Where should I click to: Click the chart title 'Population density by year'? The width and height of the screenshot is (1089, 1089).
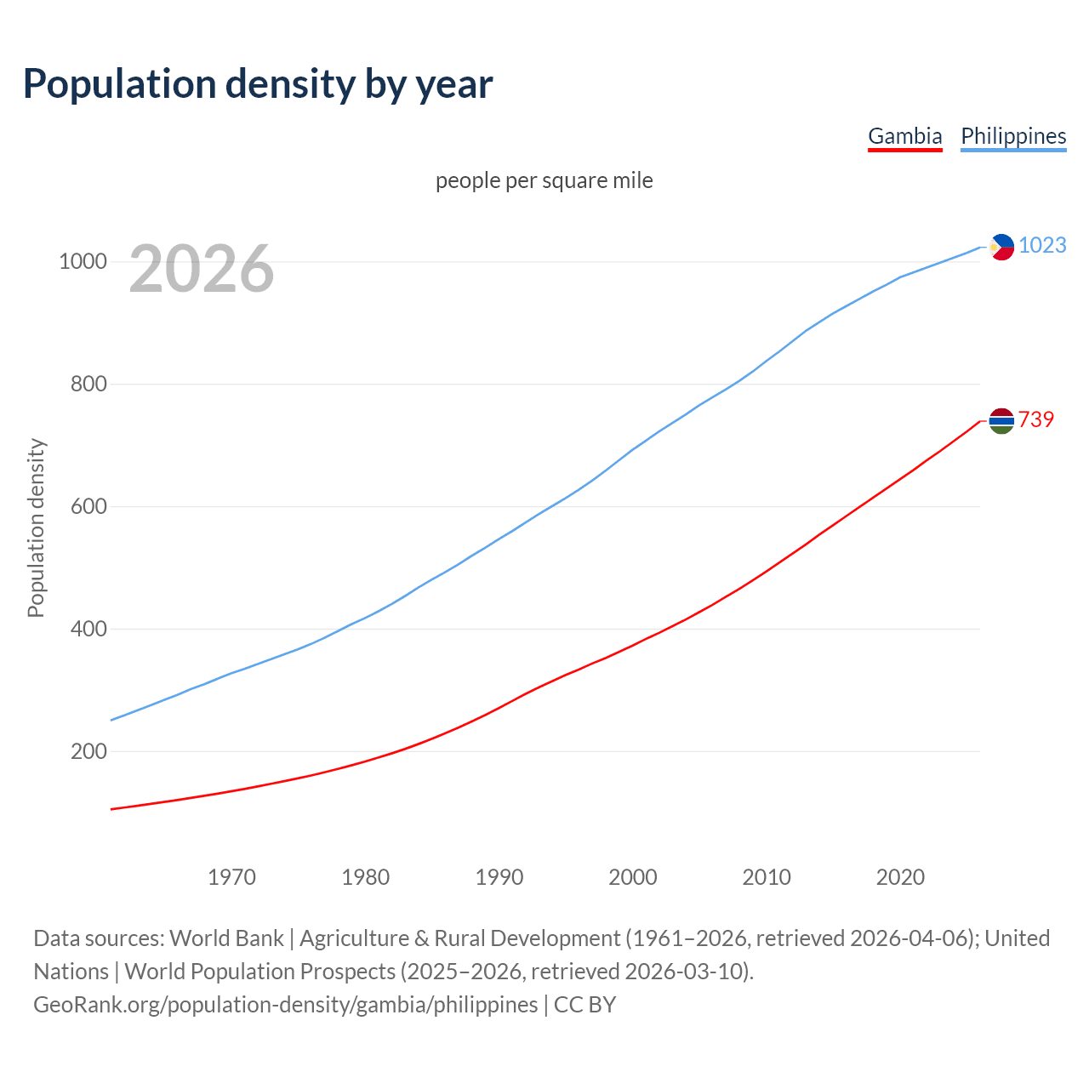coord(258,83)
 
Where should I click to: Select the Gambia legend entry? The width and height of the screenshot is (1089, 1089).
coord(904,136)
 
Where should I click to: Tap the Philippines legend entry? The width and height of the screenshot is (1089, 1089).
coord(1013,136)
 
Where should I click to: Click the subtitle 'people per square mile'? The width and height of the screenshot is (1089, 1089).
coord(544,180)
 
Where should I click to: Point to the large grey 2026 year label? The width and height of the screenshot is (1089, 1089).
coord(202,269)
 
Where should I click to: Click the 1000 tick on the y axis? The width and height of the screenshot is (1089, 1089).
coord(83,261)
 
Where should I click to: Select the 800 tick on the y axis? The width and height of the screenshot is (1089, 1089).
coord(88,384)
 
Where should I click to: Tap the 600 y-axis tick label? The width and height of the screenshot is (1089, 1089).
coord(88,506)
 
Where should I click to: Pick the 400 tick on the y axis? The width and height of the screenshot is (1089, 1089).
coord(88,629)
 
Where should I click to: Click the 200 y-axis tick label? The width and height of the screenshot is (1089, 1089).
coord(88,751)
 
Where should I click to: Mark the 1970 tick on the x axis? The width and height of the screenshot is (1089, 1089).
coord(231,877)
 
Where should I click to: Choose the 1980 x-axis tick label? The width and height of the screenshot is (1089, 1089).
coord(366,877)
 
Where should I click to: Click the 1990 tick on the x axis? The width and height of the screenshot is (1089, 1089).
coord(499,877)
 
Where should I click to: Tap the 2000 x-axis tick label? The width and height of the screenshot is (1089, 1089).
coord(633,877)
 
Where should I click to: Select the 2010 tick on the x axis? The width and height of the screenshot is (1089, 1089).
coord(767,877)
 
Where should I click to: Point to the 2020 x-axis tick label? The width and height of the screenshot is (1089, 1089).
coord(900,877)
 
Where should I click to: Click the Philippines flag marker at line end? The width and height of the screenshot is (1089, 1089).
coord(1001,247)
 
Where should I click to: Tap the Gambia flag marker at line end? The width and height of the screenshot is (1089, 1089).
coord(1001,420)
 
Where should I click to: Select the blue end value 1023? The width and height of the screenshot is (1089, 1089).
coord(1042,245)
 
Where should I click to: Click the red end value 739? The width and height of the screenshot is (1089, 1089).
coord(1036,419)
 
